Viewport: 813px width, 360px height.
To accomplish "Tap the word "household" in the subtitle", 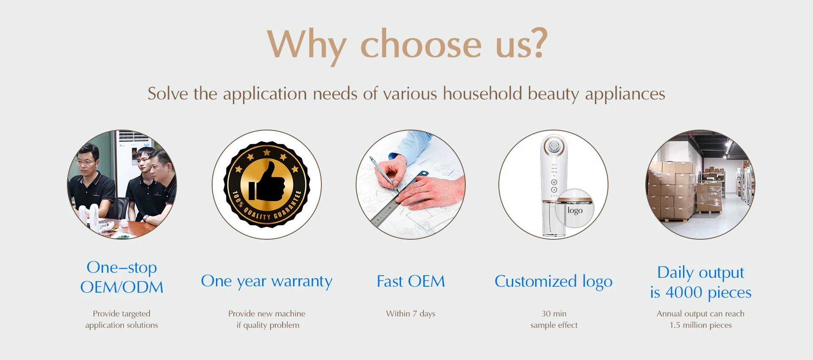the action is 482,93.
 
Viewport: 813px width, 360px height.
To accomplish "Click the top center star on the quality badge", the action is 267,152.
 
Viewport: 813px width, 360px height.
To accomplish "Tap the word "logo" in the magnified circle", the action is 575,210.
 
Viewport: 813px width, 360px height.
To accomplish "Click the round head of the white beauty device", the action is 553,147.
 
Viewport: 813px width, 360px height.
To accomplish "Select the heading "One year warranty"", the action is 267,281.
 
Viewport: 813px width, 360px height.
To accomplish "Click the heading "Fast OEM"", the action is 411,281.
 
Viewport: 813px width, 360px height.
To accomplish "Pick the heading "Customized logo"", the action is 553,282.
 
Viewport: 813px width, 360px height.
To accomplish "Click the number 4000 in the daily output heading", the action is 684,292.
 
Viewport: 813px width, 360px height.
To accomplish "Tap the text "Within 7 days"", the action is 411,314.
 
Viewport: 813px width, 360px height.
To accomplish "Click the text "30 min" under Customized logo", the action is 554,314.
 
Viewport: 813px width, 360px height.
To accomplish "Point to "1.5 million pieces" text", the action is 701,325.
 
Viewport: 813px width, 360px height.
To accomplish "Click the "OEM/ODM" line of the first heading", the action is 122,287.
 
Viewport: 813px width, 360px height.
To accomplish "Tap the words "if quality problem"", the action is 268,325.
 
